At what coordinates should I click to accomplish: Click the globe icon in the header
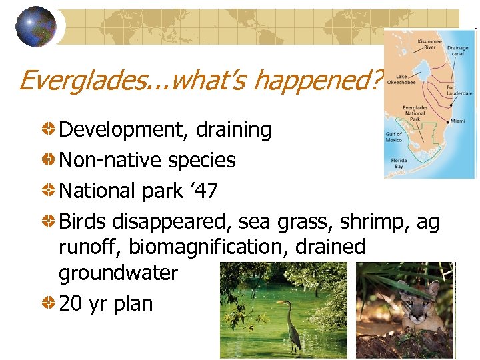point(36,26)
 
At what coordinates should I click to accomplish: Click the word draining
point(233,130)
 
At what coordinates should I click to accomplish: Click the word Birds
point(84,221)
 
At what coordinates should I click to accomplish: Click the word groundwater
point(118,273)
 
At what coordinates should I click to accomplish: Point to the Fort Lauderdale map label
point(459,90)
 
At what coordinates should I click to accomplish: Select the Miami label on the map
point(457,121)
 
